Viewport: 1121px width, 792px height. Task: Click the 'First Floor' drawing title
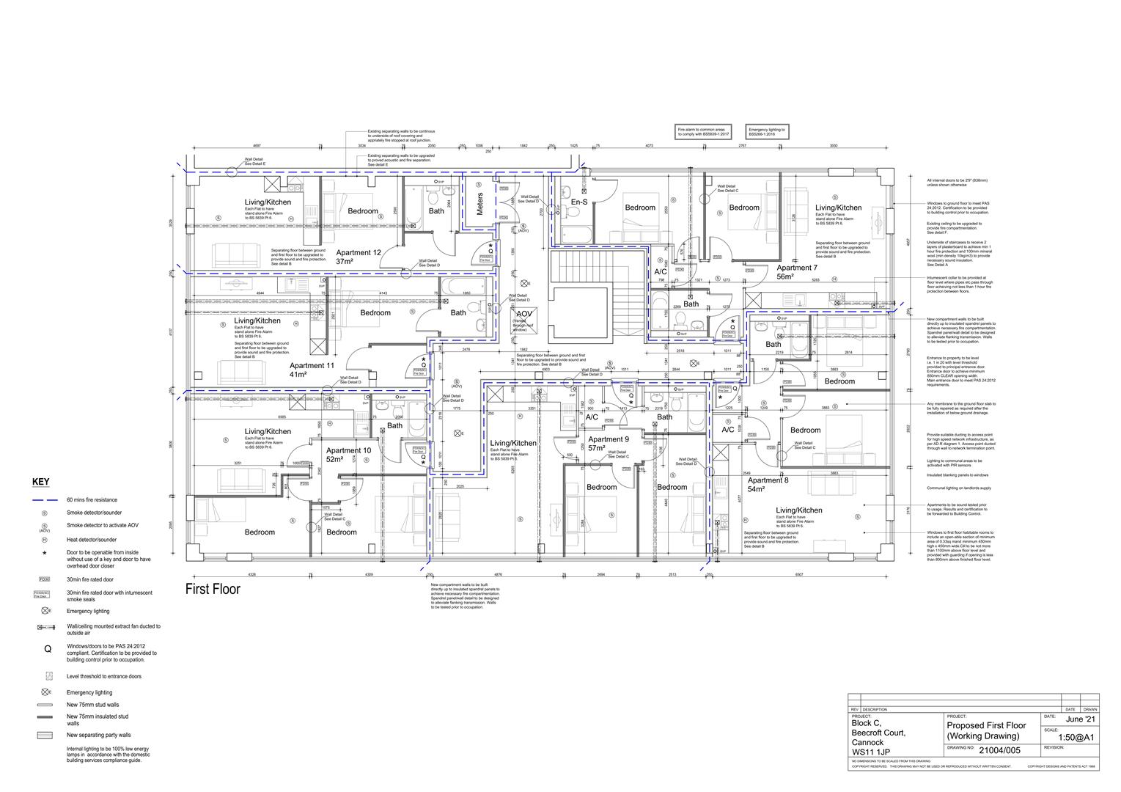(212, 590)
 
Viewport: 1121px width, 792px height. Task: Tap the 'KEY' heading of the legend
(41, 482)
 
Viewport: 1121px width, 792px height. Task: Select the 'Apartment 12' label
(359, 253)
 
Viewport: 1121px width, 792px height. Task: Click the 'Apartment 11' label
(312, 365)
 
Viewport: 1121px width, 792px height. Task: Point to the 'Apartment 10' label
(348, 451)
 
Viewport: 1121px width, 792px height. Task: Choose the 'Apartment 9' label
(608, 439)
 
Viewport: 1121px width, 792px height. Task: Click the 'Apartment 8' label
(768, 480)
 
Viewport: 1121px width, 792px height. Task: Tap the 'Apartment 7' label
(797, 268)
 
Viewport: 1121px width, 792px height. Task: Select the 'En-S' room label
(579, 202)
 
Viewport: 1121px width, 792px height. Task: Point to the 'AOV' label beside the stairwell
(523, 314)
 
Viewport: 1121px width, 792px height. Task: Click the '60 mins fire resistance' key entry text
(92, 500)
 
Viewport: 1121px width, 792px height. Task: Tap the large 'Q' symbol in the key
(46, 648)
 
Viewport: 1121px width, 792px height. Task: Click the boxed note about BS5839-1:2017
(703, 132)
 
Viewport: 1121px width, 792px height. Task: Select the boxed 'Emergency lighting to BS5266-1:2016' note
(767, 132)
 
